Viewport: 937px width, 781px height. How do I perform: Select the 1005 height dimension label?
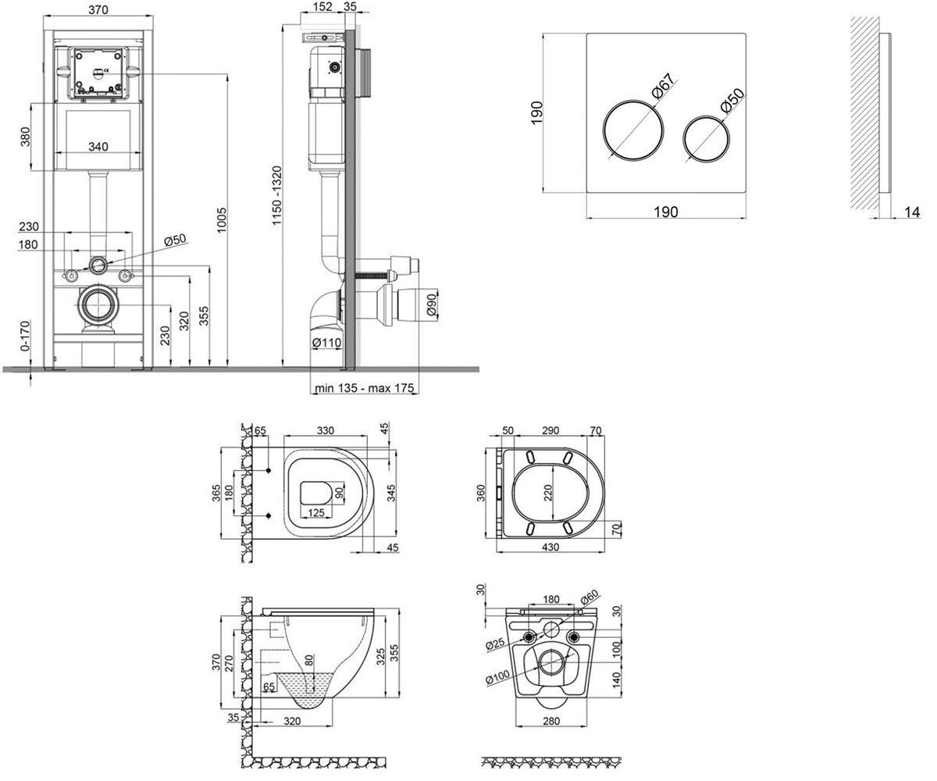222,220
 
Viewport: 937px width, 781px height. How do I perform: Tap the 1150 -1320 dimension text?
276,196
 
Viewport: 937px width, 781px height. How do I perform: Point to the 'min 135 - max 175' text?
364,388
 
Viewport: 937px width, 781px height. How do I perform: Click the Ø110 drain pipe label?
326,343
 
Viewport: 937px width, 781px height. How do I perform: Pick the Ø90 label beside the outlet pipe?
431,305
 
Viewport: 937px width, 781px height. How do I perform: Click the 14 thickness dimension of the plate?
911,212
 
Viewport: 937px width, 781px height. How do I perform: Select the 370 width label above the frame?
98,10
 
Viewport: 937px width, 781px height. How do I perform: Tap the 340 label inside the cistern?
98,147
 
